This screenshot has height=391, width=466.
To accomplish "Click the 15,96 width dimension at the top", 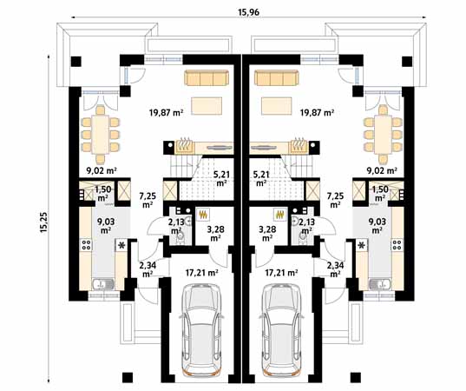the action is click(248, 12).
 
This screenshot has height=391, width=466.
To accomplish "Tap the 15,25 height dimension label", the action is click(44, 222).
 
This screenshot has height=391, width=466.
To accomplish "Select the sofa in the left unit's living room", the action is click(207, 78).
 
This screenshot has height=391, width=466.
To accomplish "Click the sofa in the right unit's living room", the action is click(276, 78).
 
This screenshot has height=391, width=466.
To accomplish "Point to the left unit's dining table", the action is click(101, 134).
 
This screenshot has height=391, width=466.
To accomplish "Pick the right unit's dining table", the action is click(383, 134).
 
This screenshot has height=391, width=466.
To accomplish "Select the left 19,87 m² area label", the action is click(166, 113).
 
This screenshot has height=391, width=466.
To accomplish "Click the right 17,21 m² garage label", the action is click(281, 272).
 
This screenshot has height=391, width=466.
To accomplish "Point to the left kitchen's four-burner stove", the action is click(86, 245).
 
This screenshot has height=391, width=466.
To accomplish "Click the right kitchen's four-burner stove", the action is click(397, 245).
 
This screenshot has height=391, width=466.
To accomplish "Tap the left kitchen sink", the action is click(102, 284).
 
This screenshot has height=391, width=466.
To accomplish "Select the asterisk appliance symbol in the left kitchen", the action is click(121, 246).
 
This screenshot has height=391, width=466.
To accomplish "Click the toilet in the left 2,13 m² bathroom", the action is click(180, 237).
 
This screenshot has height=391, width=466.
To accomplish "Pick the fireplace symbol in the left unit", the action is click(184, 147).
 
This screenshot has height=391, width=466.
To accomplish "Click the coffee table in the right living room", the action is click(277, 106).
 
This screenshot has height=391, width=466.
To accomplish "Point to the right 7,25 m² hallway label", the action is click(335, 200).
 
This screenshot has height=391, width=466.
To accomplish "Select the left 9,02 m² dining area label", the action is click(102, 171).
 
